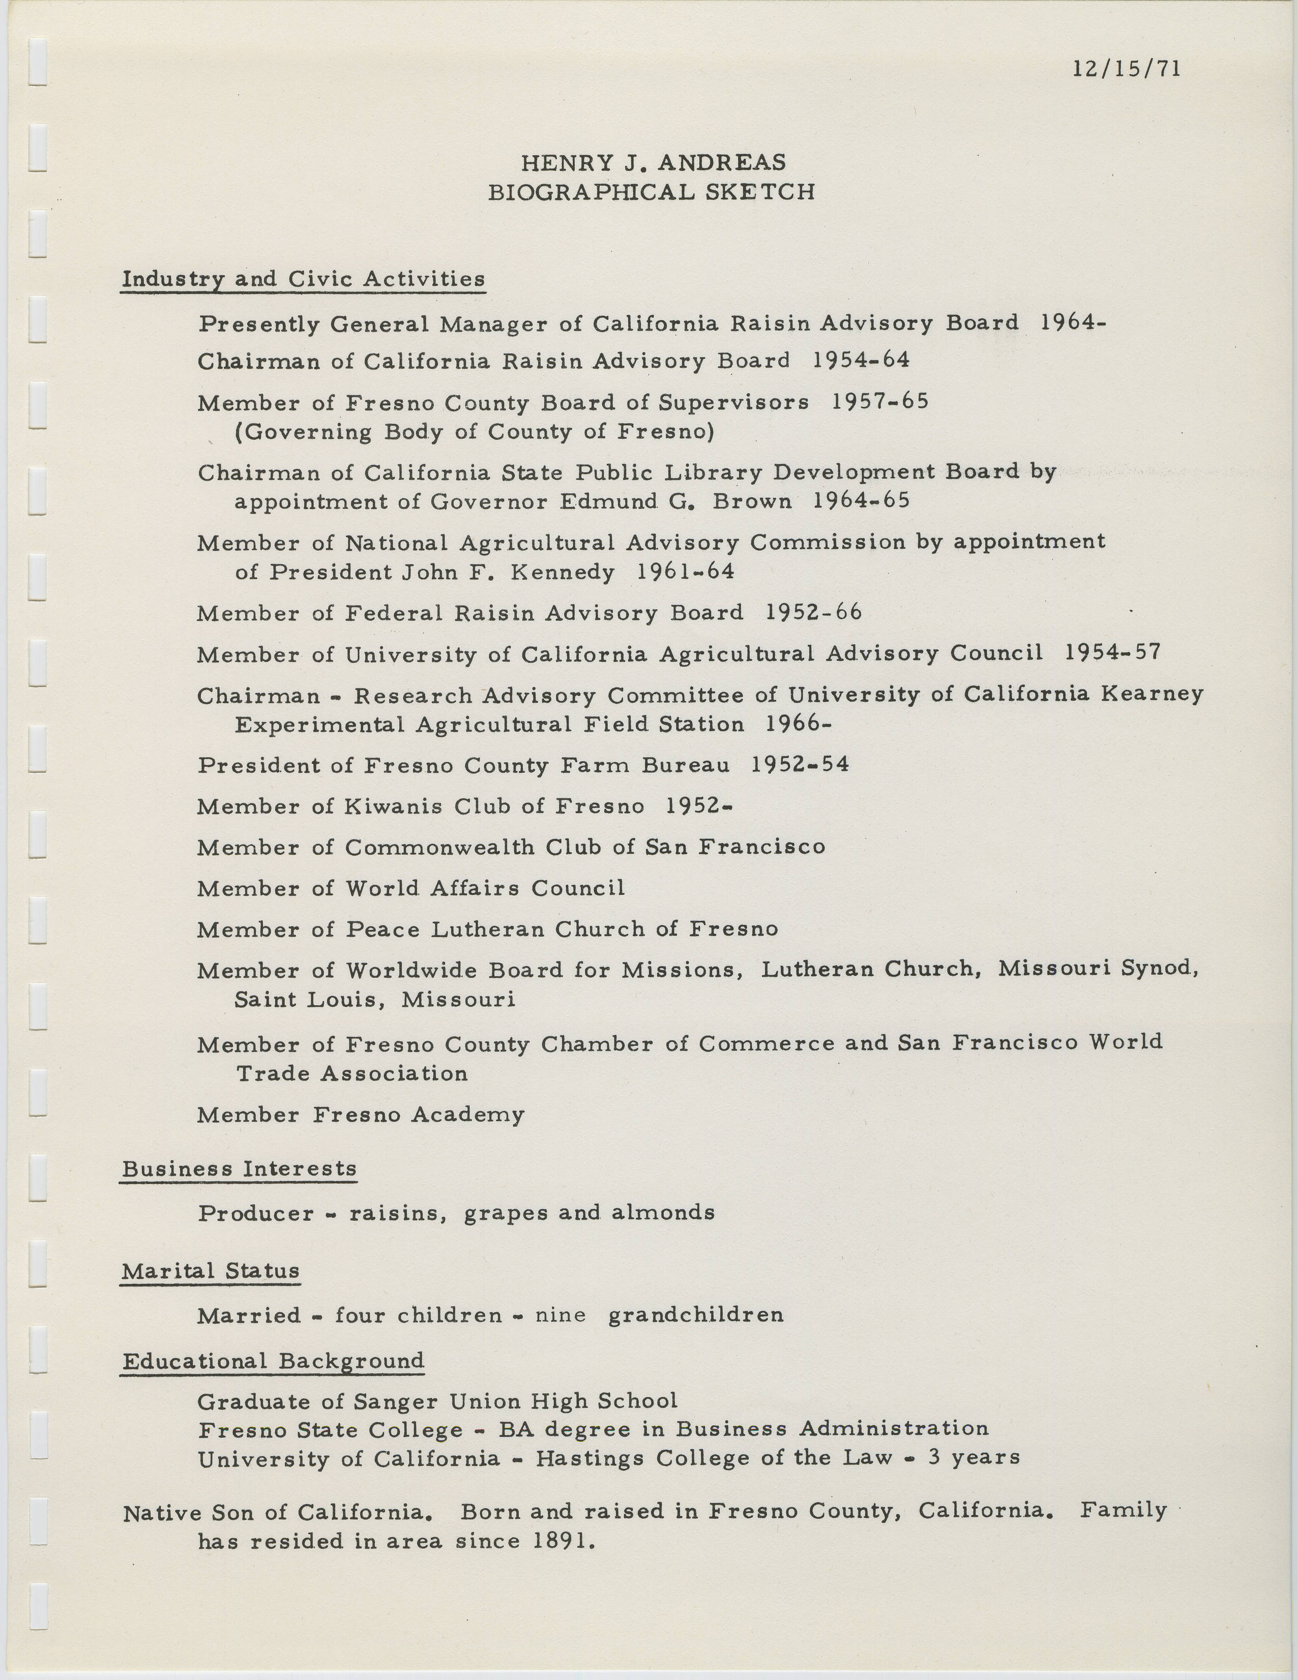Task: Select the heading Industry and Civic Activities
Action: [303, 279]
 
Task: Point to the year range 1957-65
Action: [880, 402]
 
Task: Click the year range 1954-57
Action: [1112, 653]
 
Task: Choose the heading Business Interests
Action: [239, 1168]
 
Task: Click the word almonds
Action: [663, 1213]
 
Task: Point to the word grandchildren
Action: [695, 1315]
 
